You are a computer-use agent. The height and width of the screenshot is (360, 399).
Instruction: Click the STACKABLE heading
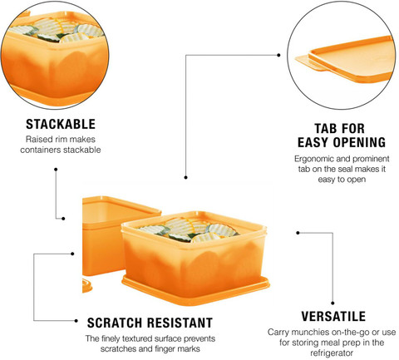(61, 124)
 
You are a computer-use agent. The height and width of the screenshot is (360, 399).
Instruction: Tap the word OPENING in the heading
(359, 142)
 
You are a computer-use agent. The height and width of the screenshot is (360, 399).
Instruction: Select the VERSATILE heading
(333, 316)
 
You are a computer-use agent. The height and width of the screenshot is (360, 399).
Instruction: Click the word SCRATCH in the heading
(115, 323)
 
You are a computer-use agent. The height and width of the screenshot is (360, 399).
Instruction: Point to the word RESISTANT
(180, 323)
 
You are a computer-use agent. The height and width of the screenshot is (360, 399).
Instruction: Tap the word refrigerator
(332, 353)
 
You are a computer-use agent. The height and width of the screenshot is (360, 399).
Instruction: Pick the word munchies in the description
(308, 332)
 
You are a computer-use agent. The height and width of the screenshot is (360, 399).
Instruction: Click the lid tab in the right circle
(308, 62)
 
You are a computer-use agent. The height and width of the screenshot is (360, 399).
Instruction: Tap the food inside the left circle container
(57, 30)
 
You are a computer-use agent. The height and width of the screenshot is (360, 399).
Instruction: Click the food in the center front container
(188, 229)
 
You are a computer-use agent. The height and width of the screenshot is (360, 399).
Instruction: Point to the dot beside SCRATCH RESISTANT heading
(76, 321)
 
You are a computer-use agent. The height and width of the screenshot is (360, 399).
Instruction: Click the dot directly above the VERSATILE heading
(332, 303)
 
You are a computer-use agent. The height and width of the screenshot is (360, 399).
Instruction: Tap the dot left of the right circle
(278, 55)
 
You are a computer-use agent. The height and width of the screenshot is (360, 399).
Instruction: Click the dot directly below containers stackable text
(56, 170)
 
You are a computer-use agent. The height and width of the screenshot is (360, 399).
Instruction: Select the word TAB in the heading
(324, 129)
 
